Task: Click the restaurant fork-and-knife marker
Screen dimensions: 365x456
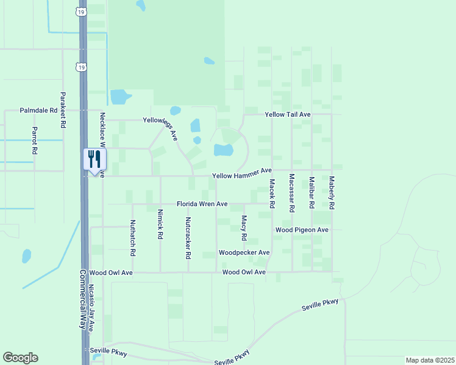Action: click(x=94, y=160)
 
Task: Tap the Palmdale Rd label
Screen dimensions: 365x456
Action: click(x=38, y=111)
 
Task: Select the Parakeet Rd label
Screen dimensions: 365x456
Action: click(x=62, y=109)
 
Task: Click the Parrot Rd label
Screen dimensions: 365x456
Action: click(x=35, y=140)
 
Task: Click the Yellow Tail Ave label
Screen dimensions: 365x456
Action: click(x=288, y=114)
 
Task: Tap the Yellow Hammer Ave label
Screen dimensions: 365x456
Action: click(x=241, y=176)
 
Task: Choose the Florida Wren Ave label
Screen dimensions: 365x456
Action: click(x=202, y=204)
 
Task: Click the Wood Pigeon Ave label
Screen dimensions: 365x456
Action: click(x=302, y=230)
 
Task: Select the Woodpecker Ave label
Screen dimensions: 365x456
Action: click(x=244, y=252)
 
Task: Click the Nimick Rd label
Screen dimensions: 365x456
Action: click(x=160, y=224)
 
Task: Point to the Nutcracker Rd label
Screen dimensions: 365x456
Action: click(x=188, y=238)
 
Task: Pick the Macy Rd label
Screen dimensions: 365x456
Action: click(x=244, y=227)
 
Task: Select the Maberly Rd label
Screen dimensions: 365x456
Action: click(x=332, y=193)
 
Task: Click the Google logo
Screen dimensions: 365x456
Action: click(x=20, y=358)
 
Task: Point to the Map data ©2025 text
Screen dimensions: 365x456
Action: click(x=429, y=360)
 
